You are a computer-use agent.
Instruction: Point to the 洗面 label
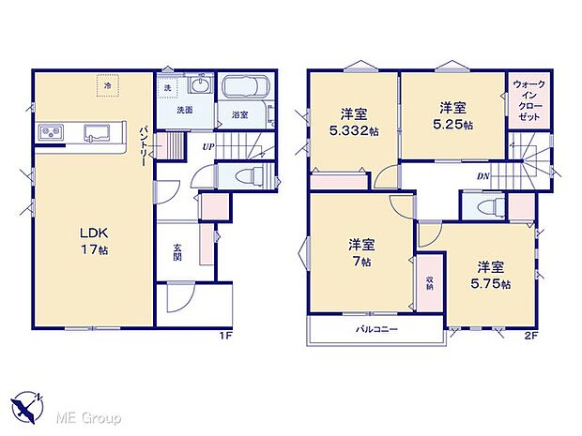188,110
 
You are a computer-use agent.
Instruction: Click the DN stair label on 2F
482,175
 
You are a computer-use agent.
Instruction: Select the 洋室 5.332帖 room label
353,123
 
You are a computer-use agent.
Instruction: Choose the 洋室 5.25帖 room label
453,116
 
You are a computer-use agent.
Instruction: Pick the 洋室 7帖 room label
361,253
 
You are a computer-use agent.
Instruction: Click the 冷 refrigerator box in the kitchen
108,86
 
